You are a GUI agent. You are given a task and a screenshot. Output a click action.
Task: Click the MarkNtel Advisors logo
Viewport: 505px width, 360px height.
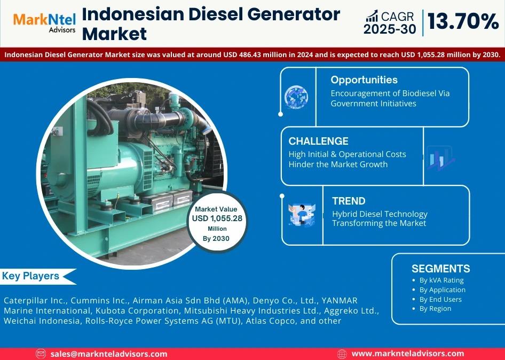pyautogui.click(x=44, y=23)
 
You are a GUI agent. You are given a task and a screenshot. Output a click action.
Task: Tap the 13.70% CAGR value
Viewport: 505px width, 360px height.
pyautogui.click(x=463, y=22)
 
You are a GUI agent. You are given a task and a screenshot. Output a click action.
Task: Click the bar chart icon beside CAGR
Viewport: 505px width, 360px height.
pyautogui.click(x=372, y=16)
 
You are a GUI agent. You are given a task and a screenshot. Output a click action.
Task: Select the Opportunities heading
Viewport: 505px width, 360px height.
pyautogui.click(x=364, y=80)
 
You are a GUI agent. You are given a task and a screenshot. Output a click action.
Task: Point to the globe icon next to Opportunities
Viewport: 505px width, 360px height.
pyautogui.click(x=296, y=97)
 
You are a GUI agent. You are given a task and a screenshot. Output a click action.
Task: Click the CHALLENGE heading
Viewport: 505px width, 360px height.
pyautogui.click(x=318, y=141)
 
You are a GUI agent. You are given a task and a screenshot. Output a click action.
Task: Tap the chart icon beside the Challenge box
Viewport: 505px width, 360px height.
pyautogui.click(x=440, y=158)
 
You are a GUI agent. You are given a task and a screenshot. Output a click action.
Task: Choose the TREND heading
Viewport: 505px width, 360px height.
pyautogui.click(x=349, y=201)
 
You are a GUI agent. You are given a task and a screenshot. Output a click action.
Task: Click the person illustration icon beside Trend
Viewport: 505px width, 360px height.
pyautogui.click(x=302, y=215)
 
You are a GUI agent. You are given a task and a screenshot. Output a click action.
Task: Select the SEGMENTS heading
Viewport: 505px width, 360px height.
pyautogui.click(x=440, y=269)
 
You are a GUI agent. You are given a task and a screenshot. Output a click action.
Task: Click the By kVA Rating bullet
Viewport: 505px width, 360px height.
pyautogui.click(x=438, y=280)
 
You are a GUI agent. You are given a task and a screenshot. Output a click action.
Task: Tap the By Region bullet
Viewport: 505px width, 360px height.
pyautogui.click(x=432, y=309)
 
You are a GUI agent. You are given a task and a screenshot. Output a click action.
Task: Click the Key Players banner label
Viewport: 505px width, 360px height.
pyautogui.click(x=30, y=276)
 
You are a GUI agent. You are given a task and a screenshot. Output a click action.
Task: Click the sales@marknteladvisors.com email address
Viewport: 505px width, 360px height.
pyautogui.click(x=109, y=354)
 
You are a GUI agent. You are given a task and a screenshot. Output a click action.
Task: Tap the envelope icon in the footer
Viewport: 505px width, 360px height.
pyautogui.click(x=41, y=354)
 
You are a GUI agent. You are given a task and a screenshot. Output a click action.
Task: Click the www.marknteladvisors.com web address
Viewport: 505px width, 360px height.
pyautogui.click(x=408, y=354)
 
